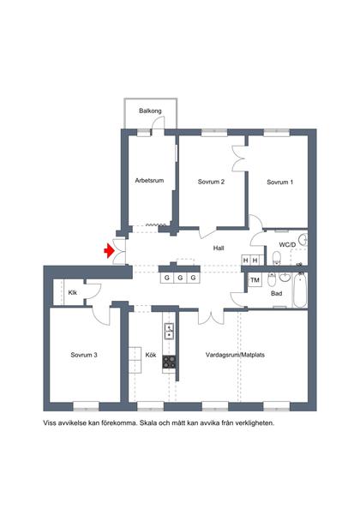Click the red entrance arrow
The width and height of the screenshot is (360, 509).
pyautogui.click(x=109, y=251)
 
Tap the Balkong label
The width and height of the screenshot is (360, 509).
pyautogui.click(x=150, y=111)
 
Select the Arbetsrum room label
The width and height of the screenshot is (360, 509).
pyautogui.click(x=149, y=181)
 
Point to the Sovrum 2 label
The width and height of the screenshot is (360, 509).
pyautogui.click(x=211, y=182)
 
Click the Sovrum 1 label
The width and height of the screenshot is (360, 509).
pyautogui.click(x=279, y=183)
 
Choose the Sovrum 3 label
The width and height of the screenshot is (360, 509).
pyautogui.click(x=84, y=355)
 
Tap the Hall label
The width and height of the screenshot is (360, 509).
pyautogui.click(x=219, y=249)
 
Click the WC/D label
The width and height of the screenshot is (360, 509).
pyautogui.click(x=287, y=245)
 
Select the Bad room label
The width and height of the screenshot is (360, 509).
pyautogui.click(x=276, y=293)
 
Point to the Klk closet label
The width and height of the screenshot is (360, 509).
pyautogui.click(x=72, y=292)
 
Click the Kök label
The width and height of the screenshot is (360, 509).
pyautogui.click(x=151, y=355)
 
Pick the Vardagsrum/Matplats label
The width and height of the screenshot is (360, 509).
pyautogui.click(x=235, y=355)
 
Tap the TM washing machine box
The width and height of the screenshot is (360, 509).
pyautogui.click(x=255, y=280)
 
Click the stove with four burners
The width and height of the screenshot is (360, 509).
pyautogui.click(x=169, y=362)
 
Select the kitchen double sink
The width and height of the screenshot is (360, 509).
pyautogui.click(x=169, y=331)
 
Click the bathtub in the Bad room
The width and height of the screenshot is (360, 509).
pyautogui.click(x=300, y=290)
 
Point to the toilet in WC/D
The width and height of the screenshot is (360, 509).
pyautogui.click(x=276, y=258)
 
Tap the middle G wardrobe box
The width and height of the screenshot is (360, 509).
pyautogui.click(x=180, y=278)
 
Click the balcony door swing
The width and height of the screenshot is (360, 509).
pyautogui.click(x=159, y=123)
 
